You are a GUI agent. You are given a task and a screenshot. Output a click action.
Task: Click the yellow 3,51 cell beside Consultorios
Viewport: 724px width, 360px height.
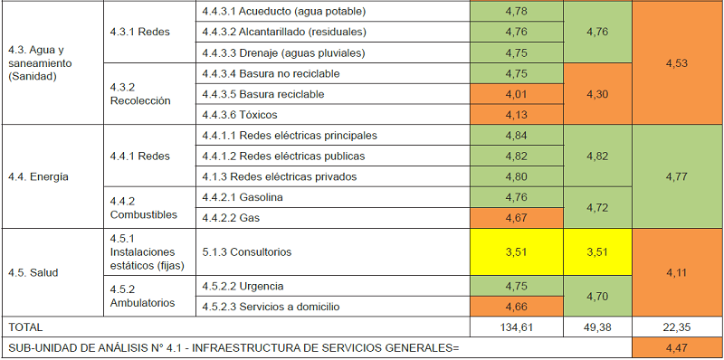516,252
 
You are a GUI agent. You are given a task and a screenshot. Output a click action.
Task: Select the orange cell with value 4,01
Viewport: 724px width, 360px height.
516,94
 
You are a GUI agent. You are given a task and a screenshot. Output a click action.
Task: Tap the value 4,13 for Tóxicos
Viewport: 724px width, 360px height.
516,115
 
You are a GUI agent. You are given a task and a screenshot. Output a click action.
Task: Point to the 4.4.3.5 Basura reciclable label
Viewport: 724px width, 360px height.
275,94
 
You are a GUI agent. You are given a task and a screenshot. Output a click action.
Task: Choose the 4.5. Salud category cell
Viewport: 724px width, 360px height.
31,271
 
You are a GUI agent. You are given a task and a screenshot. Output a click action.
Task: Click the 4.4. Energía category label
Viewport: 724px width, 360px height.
36,176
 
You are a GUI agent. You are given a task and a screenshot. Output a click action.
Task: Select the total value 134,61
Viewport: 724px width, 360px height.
516,327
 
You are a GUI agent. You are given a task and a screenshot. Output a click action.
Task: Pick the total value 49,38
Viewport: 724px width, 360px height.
596,327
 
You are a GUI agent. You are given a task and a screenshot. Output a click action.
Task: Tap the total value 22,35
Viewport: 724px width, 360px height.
677,327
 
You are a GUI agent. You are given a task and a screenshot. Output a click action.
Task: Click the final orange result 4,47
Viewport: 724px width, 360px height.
677,347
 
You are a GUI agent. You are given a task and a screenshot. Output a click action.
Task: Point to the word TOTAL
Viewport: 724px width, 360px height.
24,327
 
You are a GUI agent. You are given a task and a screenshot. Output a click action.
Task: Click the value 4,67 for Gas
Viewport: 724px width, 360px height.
516,218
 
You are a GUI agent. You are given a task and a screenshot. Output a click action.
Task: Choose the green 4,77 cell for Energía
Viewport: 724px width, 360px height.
677,176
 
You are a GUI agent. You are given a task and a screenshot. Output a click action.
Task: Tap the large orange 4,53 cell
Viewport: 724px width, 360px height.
677,62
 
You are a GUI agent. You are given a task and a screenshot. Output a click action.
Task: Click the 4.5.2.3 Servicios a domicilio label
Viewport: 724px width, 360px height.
271,307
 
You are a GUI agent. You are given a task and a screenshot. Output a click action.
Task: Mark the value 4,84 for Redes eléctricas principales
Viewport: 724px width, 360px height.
516,136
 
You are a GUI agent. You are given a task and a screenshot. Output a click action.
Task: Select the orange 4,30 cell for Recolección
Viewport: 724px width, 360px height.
596,94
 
